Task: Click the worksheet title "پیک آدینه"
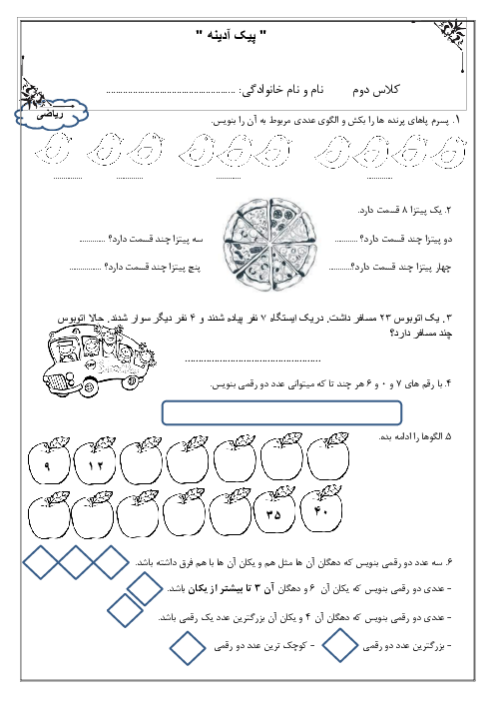pyautogui.click(x=231, y=35)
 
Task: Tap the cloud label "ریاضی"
pyautogui.click(x=51, y=115)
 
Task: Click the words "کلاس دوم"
pyautogui.click(x=375, y=90)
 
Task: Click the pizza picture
pyautogui.click(x=269, y=245)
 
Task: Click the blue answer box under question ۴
pyautogui.click(x=281, y=412)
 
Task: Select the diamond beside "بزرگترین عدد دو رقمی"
pyautogui.click(x=339, y=645)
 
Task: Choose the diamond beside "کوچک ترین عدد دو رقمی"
pyautogui.click(x=188, y=648)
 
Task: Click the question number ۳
pyautogui.click(x=447, y=319)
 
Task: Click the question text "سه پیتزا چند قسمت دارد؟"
pyautogui.click(x=156, y=240)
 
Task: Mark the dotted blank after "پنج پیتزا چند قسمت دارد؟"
pyautogui.click(x=86, y=270)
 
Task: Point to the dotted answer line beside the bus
pyautogui.click(x=252, y=360)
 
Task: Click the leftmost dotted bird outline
pyautogui.click(x=53, y=150)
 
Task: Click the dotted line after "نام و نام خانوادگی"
pyautogui.click(x=171, y=93)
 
